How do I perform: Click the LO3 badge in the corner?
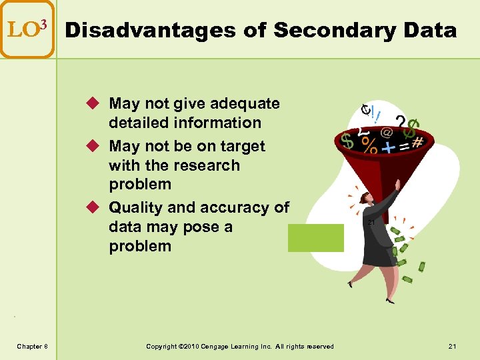27,29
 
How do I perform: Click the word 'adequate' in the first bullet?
245,103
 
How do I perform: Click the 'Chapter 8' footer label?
32,346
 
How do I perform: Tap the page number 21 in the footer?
453,346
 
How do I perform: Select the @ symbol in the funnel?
386,133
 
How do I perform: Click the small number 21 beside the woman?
371,222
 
